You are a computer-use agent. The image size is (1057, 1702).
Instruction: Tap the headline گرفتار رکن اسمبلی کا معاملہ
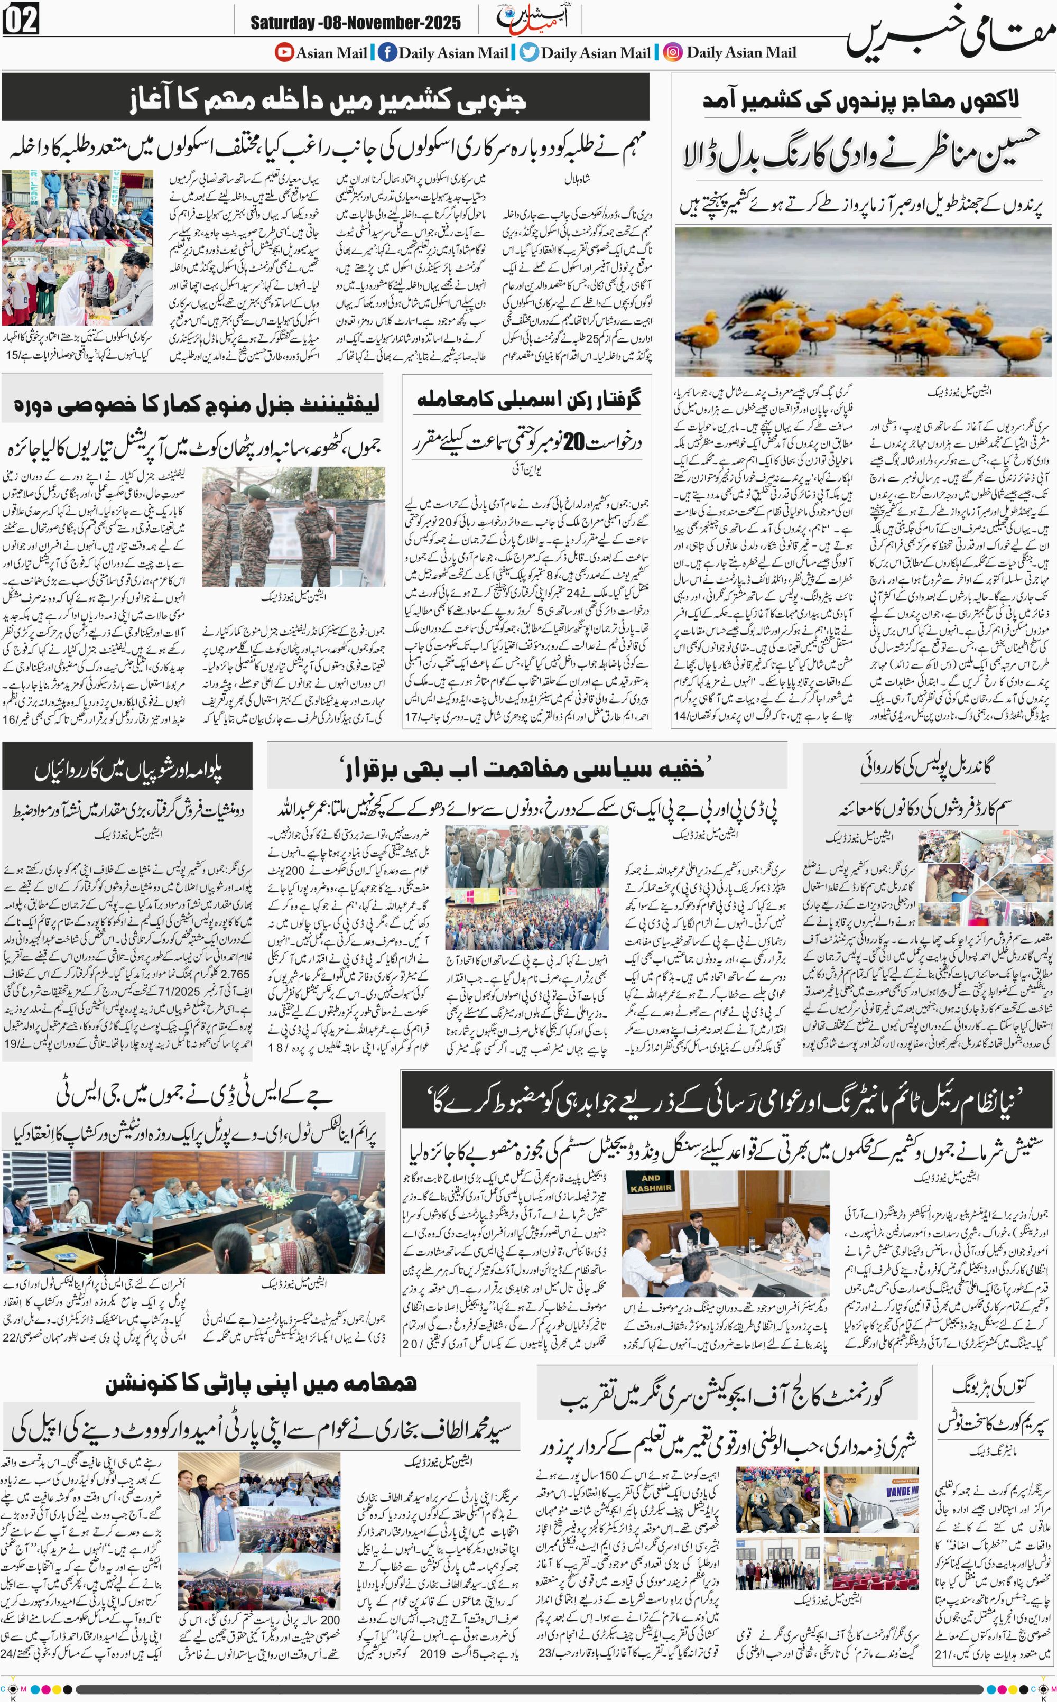coord(528,400)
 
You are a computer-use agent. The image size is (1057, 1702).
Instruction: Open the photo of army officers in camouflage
coord(294,527)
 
